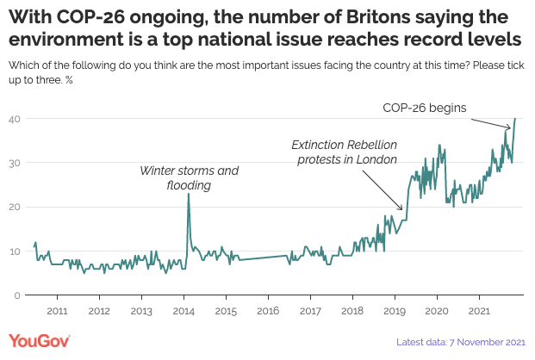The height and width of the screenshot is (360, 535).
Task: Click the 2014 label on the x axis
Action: point(184,310)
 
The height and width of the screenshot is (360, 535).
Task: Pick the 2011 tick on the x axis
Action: point(57,310)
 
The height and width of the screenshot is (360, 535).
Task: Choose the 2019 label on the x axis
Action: point(395,310)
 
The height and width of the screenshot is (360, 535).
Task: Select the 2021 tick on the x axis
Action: point(479,310)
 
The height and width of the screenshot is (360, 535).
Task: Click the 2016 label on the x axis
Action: point(268,310)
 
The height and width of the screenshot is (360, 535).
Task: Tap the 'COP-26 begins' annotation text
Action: point(424,109)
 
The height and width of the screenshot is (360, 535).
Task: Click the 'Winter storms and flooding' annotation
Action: point(189,177)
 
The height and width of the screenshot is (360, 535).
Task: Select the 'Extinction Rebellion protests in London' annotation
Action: point(345,152)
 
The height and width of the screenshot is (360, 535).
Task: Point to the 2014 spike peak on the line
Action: point(188,194)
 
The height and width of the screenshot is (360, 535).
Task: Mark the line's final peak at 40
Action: point(515,119)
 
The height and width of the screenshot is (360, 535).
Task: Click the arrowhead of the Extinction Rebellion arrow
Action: point(402,209)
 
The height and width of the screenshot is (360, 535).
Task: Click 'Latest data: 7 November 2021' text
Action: point(461,343)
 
